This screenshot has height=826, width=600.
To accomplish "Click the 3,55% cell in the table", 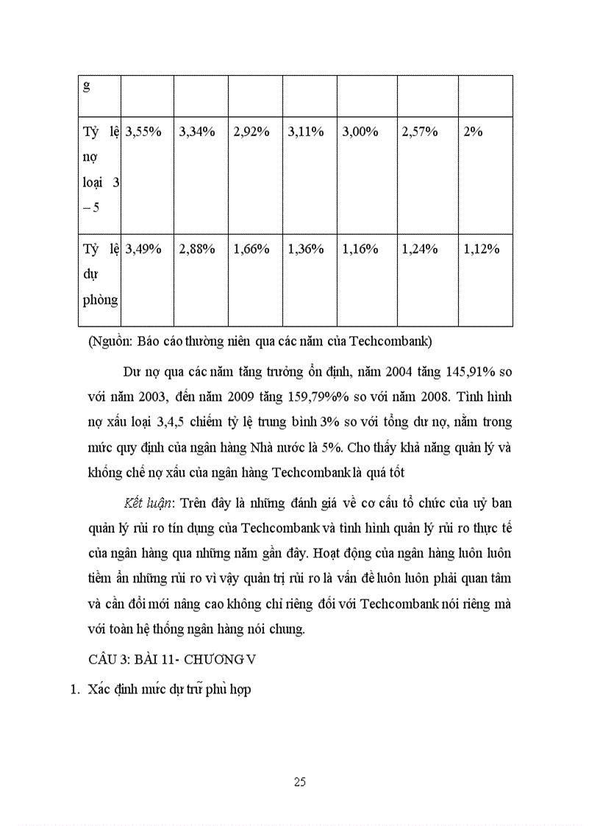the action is pos(143,132).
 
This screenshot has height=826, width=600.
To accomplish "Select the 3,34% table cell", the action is pos(197,132).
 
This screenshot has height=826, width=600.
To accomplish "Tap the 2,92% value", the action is pos(251,132).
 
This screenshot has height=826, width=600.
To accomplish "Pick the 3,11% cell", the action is pos(306,132).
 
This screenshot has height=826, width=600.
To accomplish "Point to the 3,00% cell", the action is pos(360,132).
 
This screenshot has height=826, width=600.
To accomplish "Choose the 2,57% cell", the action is pos(420,132).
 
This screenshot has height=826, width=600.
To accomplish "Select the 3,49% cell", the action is pos(143,249).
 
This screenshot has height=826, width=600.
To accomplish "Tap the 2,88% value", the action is pos(197,249).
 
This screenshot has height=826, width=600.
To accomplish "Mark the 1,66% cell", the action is pos(251,249).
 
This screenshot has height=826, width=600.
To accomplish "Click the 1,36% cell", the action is pos(306,249).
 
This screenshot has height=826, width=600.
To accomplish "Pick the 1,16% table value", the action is pos(360,249).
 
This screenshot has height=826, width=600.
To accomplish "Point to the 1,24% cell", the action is pos(420,249).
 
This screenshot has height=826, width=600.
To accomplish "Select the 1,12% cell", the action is pos(482,249).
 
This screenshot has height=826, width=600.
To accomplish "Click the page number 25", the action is pos(299,782).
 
